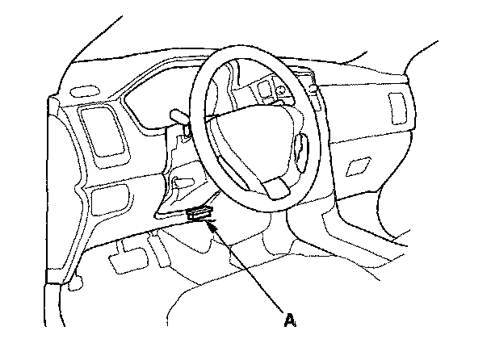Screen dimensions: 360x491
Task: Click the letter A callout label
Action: point(290,319)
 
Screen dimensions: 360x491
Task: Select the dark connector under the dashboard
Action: point(199,215)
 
